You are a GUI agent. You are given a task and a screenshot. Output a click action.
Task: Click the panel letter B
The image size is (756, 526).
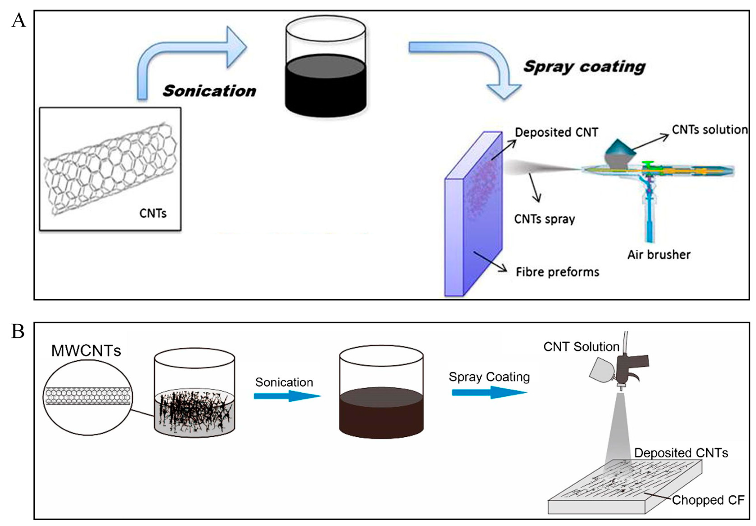[x=18, y=331]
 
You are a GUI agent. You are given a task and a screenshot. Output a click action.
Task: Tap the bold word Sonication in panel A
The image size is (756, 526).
[x=209, y=91]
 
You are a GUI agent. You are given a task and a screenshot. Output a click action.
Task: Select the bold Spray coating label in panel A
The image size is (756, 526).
[x=585, y=67]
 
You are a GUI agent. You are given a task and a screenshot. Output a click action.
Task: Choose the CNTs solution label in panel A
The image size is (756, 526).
[x=710, y=130]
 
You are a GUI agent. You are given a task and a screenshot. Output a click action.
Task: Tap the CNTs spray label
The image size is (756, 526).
[x=544, y=219]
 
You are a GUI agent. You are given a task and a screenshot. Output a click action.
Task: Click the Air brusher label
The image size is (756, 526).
[x=659, y=254]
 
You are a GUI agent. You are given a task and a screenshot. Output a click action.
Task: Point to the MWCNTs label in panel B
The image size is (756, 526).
[x=86, y=351]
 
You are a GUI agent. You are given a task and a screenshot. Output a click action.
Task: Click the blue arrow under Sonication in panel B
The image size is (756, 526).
[x=286, y=396]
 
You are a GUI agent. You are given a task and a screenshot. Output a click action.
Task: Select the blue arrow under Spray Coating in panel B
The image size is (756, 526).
[x=489, y=392]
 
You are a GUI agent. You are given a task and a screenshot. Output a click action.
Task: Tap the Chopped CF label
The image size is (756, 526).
[x=708, y=500]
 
